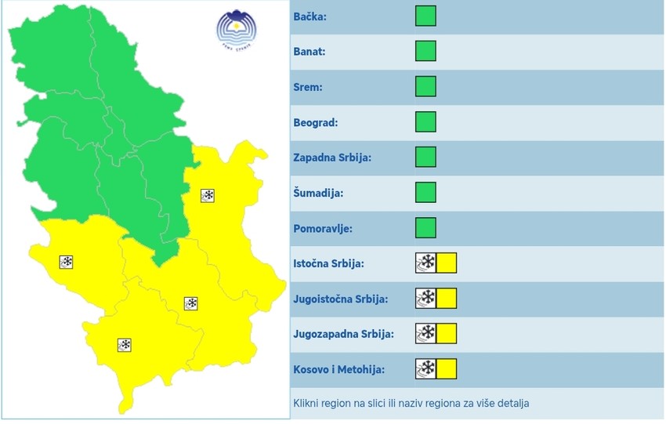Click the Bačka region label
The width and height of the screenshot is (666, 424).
pyautogui.click(x=311, y=16)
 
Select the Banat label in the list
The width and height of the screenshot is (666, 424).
pyautogui.click(x=310, y=52)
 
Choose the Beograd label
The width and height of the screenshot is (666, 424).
pyautogui.click(x=316, y=122)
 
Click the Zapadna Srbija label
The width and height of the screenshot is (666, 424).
pyautogui.click(x=332, y=158)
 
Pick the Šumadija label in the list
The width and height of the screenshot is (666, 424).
pyautogui.click(x=318, y=193)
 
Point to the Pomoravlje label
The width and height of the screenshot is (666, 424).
pyautogui.click(x=323, y=228)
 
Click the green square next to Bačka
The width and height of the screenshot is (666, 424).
pyautogui.click(x=425, y=16)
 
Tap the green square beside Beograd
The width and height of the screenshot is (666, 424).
pyautogui.click(x=425, y=121)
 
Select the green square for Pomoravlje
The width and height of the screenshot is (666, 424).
pyautogui.click(x=425, y=227)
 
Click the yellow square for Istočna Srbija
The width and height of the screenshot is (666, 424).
pyautogui.click(x=447, y=263)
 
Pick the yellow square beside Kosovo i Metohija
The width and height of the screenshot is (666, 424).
pyautogui.click(x=447, y=368)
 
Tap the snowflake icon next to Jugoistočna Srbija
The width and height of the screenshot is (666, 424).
pyautogui.click(x=425, y=298)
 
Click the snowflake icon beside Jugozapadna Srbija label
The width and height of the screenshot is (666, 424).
pyautogui.click(x=425, y=333)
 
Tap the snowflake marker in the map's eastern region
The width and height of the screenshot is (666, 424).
pyautogui.click(x=208, y=195)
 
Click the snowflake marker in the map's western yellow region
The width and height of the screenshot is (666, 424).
pyautogui.click(x=67, y=262)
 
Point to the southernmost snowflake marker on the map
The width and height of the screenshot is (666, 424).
pyautogui.click(x=124, y=344)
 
